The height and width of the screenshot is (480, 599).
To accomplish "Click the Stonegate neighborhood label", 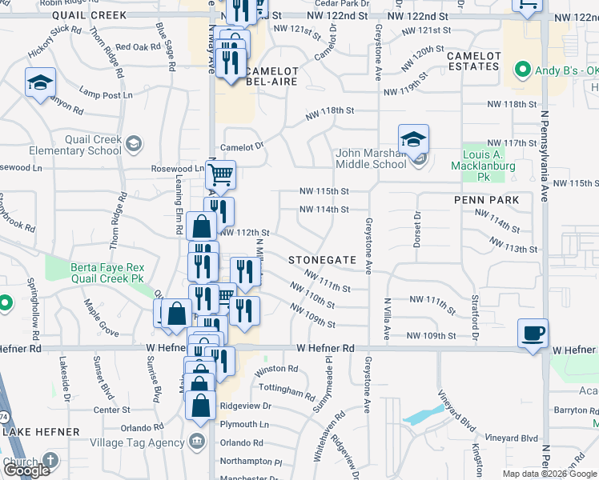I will click(x=322, y=260).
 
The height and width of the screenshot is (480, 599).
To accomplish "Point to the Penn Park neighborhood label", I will click(x=486, y=200).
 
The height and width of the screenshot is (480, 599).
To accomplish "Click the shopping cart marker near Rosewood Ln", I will click(x=220, y=174).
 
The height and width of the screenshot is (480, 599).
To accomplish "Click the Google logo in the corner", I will click(x=26, y=470).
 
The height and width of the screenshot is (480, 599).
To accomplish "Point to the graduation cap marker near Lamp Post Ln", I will click(x=39, y=83).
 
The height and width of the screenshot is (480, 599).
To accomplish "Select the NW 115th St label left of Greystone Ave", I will click(x=324, y=191).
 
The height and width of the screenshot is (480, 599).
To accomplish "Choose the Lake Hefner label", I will click(x=42, y=432).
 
